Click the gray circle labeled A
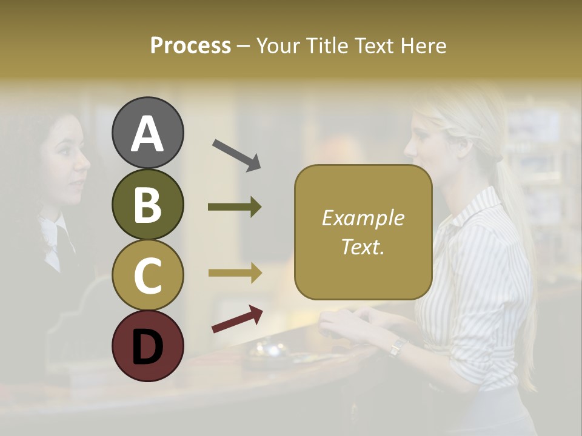click(x=148, y=133)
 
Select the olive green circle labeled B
click(x=148, y=204)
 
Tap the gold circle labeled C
click(x=148, y=275)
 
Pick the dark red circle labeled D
click(x=148, y=346)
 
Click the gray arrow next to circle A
click(x=236, y=155)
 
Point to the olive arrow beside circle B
click(x=235, y=207)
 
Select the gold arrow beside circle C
click(x=235, y=273)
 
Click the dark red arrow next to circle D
click(x=237, y=319)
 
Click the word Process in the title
click(x=190, y=45)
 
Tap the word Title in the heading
click(x=327, y=45)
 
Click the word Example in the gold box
click(x=363, y=218)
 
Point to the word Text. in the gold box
click(x=363, y=246)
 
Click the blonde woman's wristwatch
click(x=398, y=347)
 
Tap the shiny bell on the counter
click(x=267, y=350)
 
